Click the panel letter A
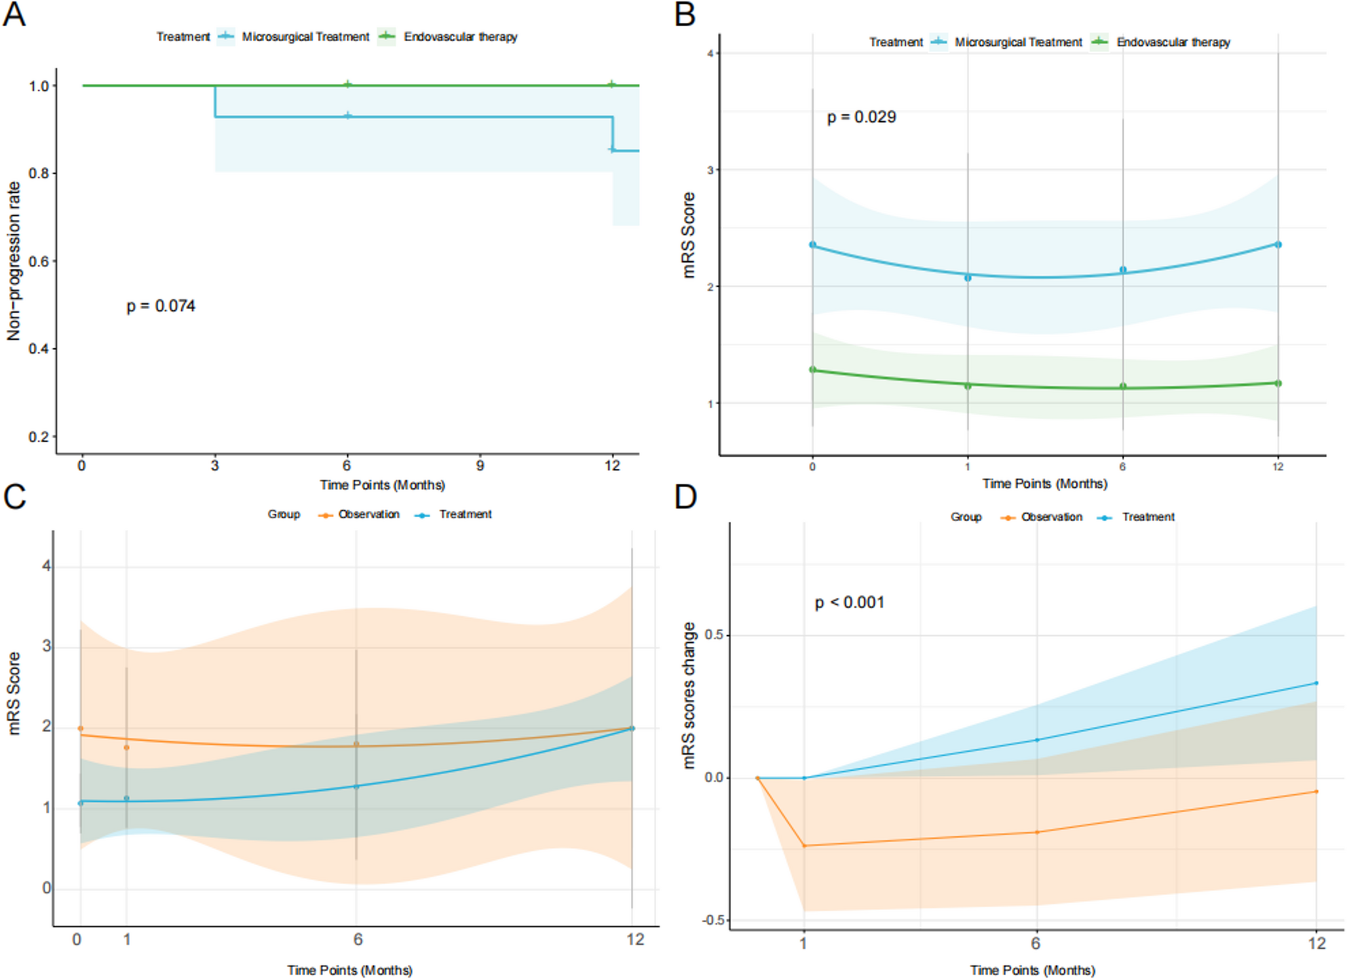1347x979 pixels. (x=14, y=14)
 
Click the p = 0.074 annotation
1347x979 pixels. (x=161, y=306)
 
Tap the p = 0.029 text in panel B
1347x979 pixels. (x=861, y=117)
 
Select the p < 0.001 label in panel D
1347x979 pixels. (x=849, y=602)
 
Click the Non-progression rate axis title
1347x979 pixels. (x=14, y=261)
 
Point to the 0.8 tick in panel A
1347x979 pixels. (x=39, y=174)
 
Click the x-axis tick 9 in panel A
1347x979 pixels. (x=480, y=466)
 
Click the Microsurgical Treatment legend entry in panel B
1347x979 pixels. (x=1017, y=43)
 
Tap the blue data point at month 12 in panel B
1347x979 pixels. (x=1278, y=244)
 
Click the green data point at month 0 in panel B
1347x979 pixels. (x=812, y=369)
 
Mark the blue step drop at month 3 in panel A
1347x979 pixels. (x=215, y=102)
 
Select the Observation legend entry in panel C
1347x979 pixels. (x=368, y=515)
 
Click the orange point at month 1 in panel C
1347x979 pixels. (x=126, y=747)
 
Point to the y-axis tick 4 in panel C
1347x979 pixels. (x=46, y=566)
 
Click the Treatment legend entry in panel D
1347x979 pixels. (x=1147, y=517)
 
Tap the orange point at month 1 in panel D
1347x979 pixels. (x=804, y=845)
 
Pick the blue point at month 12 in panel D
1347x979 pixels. (x=1316, y=683)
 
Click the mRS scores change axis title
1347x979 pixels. (x=689, y=695)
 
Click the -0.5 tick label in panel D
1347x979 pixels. (x=713, y=920)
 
